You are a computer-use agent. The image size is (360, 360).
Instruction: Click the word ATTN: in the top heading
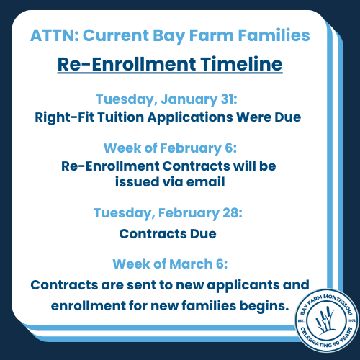coord(55,35)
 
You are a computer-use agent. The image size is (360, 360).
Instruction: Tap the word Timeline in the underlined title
coord(241,64)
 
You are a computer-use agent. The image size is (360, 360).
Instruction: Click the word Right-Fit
coord(65,117)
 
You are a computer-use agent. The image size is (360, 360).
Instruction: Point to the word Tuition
coord(120,117)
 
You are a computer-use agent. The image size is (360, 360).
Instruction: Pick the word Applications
coord(190,117)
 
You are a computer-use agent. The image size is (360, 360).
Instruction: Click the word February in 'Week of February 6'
coord(191,148)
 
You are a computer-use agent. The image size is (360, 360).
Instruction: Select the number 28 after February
coord(233,212)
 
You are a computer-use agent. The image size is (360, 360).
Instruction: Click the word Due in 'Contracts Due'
coord(203,234)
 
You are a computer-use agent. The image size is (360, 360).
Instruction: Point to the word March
coord(191,264)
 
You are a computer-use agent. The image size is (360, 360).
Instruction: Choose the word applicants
coord(243,285)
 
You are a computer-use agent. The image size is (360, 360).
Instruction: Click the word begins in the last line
coord(264,306)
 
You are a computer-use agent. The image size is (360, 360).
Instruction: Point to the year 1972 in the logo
coord(351,320)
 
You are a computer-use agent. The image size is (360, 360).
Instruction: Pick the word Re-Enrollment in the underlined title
coord(127,64)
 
